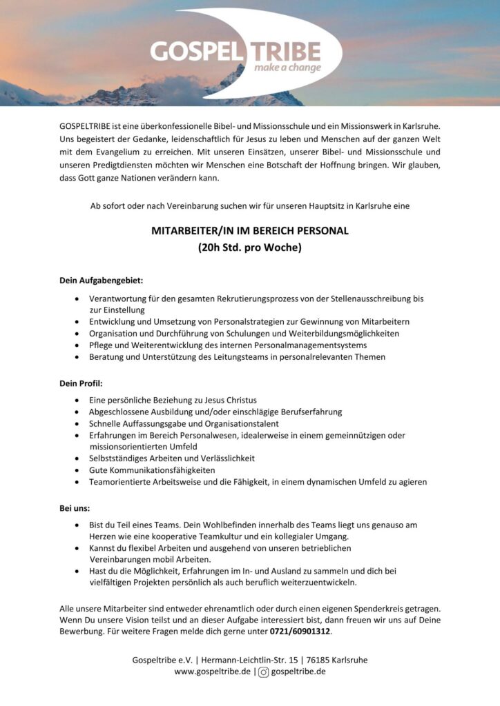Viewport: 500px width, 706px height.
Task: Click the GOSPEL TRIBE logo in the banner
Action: coord(235,52)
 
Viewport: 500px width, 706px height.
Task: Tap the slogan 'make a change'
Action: coord(287,68)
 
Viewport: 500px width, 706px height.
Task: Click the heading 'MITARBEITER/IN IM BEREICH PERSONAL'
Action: coord(250,231)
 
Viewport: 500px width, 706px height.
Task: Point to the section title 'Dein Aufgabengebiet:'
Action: coord(102,281)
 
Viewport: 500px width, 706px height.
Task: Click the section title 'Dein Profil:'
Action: coord(81,383)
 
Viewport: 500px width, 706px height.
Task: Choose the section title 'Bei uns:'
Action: coord(75,508)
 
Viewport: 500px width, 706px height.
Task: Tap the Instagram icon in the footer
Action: coord(263,672)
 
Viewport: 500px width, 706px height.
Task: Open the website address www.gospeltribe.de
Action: coord(212,672)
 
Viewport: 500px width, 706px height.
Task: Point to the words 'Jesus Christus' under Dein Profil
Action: coord(230,400)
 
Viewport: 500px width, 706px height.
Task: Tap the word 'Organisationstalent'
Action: coord(242,423)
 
